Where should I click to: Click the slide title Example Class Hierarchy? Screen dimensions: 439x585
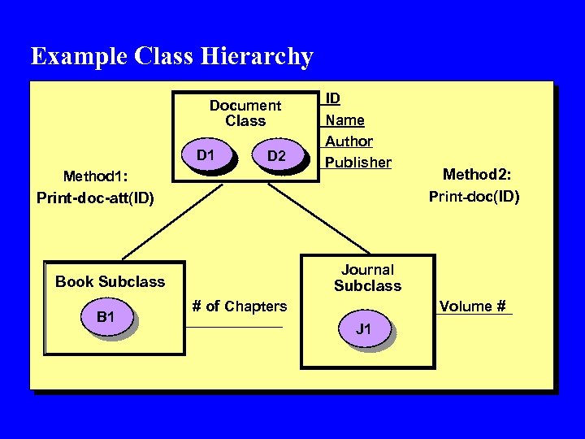tap(171, 56)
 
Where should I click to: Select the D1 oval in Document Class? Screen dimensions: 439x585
tap(206, 155)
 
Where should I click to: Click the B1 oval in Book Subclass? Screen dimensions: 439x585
tap(106, 317)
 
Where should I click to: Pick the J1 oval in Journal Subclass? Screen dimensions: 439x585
tap(364, 329)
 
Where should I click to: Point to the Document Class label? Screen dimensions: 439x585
tap(245, 113)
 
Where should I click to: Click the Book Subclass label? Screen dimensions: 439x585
tap(110, 282)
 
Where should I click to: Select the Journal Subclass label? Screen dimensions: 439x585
tap(367, 277)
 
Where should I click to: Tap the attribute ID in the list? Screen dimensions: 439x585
tap(333, 98)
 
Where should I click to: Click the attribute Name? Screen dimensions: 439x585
tap(344, 120)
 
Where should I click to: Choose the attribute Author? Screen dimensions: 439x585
tap(349, 141)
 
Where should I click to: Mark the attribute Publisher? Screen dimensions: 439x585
tap(358, 162)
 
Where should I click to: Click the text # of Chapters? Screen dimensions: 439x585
tap(239, 306)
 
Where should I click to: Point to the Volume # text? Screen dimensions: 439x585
tap(473, 306)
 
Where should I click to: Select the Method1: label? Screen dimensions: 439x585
tap(101, 176)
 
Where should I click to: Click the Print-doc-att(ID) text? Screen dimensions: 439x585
tap(95, 198)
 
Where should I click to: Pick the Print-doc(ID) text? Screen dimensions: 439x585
tap(474, 196)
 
